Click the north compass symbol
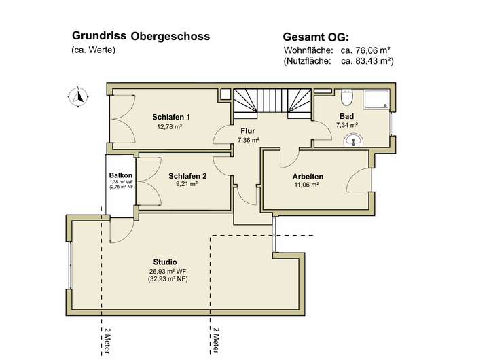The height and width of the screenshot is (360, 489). pos(78,96)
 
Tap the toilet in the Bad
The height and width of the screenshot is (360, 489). pos(346,97)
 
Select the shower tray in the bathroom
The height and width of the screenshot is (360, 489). pos(376,100)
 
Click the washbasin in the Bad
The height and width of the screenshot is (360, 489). pos(353,140)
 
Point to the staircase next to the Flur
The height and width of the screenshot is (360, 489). pos(272,103)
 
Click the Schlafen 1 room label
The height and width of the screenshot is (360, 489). pos(171,117)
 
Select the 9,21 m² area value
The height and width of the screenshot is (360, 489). pos(187,184)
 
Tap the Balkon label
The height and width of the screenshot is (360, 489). pos(121,175)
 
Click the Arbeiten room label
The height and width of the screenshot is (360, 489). pos(308,177)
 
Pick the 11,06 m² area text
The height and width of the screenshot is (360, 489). pos(306,185)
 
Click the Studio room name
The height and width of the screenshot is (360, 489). pos(165,262)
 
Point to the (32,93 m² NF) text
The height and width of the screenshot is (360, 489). pos(168,279)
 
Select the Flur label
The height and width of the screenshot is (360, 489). pos(248,131)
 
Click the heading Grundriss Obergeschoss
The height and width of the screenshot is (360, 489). pos(141,36)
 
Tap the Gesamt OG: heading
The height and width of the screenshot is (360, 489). pos(316,37)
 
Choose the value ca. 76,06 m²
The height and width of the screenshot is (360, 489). pos(366,50)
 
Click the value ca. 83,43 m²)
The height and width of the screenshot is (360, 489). pos(367,61)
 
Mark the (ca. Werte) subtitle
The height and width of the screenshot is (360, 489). pos(94,50)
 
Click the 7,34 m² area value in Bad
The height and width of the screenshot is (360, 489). pos(347,125)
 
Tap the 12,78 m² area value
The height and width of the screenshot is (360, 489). pos(170,127)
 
